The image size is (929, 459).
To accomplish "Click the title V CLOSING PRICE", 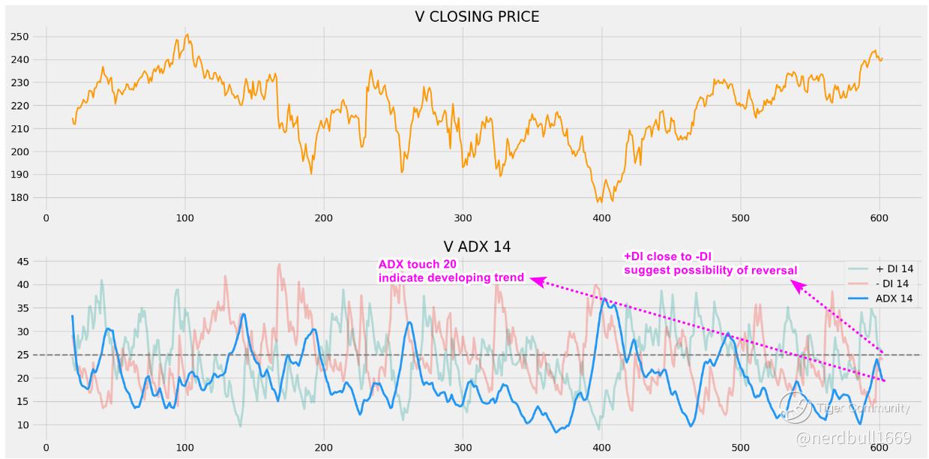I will click(477, 16).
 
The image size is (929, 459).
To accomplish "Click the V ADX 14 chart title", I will click(477, 246).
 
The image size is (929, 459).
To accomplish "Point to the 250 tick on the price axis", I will click(19, 37).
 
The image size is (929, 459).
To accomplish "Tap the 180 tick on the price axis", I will click(19, 198).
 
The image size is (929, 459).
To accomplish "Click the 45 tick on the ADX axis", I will click(22, 262).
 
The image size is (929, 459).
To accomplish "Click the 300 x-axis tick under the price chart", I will click(463, 218).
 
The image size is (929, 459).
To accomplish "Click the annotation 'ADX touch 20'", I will click(417, 264).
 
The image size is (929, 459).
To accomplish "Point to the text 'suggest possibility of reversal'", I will click(710, 270).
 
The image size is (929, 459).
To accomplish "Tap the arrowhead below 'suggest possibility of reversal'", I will click(799, 286).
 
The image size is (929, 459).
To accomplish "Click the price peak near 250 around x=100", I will click(187, 34).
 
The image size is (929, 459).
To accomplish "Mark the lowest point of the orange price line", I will click(599, 201).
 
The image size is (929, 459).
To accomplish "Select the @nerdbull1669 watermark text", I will click(853, 437).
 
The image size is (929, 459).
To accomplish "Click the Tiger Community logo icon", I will click(796, 407).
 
